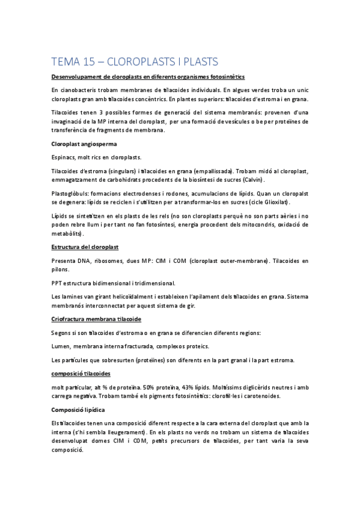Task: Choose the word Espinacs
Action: pos(64,158)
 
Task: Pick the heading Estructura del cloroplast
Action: pos(85,247)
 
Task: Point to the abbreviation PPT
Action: pos(58,283)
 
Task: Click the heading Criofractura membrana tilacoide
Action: pos(97,319)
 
